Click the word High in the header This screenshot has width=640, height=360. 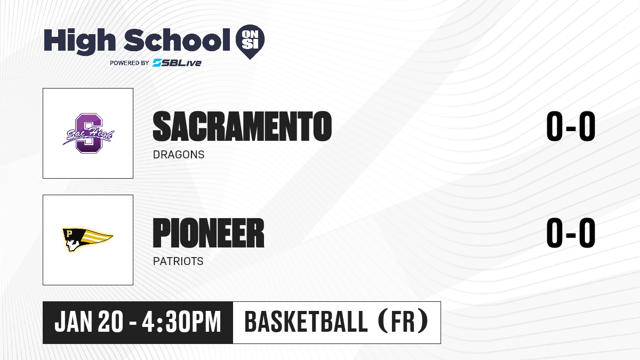[x=79, y=42]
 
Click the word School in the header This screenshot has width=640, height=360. [x=177, y=40]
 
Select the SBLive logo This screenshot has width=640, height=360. [x=177, y=62]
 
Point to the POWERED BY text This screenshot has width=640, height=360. [x=130, y=63]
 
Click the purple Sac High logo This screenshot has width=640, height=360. [x=89, y=133]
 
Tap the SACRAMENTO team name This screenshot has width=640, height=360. [x=242, y=126]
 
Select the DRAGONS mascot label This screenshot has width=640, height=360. [x=179, y=155]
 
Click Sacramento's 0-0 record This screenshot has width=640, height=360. [x=571, y=126]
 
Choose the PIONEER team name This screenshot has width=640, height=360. [x=209, y=233]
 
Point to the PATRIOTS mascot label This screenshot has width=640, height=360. [x=178, y=261]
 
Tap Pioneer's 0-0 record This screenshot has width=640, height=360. [x=571, y=233]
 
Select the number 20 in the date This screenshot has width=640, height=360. [x=110, y=322]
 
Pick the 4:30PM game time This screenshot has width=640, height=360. [x=181, y=322]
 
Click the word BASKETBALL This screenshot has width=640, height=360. [x=306, y=322]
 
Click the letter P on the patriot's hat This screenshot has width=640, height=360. [x=69, y=234]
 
